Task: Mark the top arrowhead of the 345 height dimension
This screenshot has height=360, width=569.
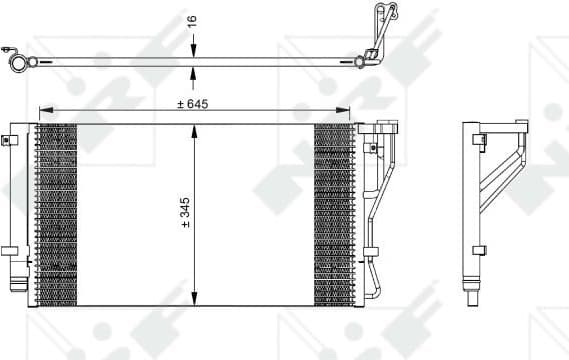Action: tap(194, 129)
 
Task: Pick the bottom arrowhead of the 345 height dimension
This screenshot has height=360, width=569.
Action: tap(194, 299)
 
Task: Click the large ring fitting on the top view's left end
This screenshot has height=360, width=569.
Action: tap(18, 62)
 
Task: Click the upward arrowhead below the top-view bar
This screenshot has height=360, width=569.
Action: tap(194, 71)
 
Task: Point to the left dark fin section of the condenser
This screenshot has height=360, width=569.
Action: tap(56, 214)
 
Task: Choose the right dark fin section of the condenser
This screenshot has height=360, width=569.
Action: tap(334, 214)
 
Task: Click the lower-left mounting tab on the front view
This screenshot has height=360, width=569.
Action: tap(9, 251)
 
